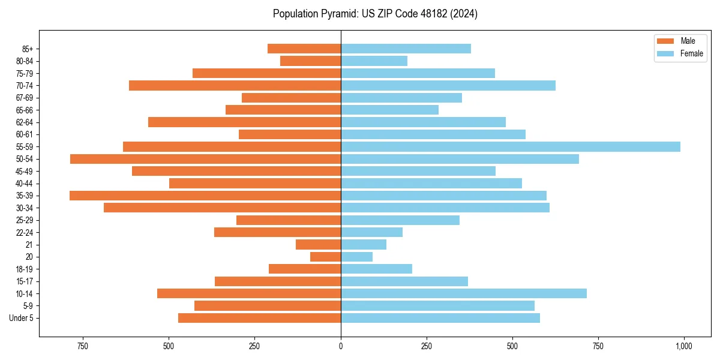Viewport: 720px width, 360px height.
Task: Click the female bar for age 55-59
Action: coord(510,147)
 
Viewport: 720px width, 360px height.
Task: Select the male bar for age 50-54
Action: coord(205,159)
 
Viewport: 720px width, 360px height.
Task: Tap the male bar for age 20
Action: coord(325,257)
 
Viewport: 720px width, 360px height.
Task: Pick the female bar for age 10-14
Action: coord(463,293)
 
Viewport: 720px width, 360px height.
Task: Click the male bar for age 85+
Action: coord(304,49)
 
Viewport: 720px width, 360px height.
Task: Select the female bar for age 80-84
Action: coord(374,61)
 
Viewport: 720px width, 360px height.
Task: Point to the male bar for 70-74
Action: coord(235,86)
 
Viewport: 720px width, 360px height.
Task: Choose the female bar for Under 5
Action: coord(440,318)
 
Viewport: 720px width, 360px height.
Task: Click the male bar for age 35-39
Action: coord(205,196)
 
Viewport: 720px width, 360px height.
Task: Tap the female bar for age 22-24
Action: coord(371,232)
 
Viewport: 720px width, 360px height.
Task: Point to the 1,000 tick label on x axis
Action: coord(683,346)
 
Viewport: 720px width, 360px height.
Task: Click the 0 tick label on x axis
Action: coord(341,346)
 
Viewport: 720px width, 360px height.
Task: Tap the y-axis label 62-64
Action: coord(24,122)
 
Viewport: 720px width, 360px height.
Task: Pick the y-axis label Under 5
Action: coord(21,318)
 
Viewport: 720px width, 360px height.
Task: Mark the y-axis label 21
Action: coord(29,245)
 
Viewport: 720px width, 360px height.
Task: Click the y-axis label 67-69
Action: coord(24,98)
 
